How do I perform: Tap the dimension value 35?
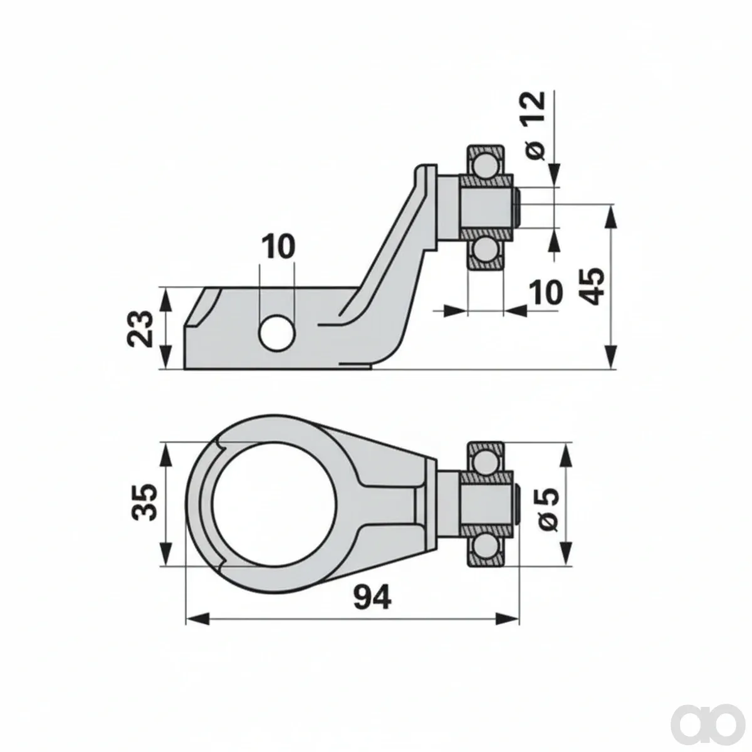coord(144,502)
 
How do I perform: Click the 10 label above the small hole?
coord(278,247)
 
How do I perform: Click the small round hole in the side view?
coord(277,333)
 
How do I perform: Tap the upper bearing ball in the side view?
coord(485,164)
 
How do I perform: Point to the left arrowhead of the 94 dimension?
coord(197,619)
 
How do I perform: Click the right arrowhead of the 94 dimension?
coord(508,619)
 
